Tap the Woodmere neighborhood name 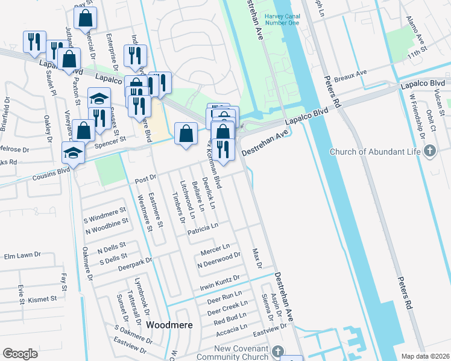pos(170,325)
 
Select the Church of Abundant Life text pos(374,151)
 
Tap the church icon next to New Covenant pos(277,350)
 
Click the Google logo pos(20,354)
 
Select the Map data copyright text pos(425,356)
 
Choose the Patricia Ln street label pos(202,228)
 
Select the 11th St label pos(416,54)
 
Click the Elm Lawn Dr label pos(21,256)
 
